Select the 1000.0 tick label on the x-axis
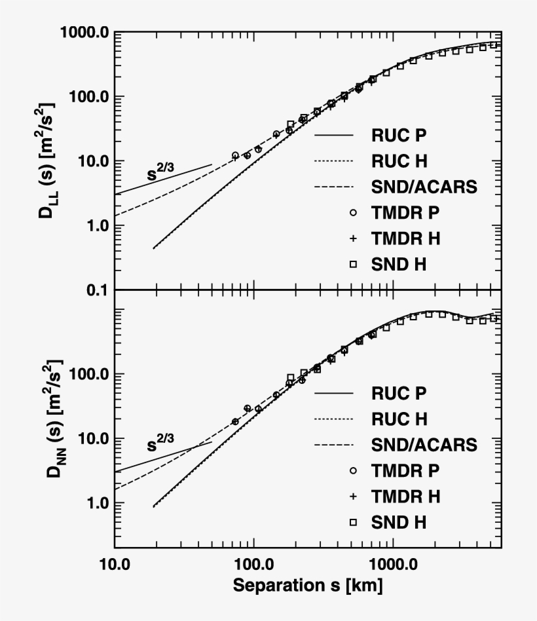(x=392, y=564)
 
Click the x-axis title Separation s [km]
(x=308, y=585)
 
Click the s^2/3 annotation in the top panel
(x=164, y=174)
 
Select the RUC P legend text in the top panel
(x=399, y=136)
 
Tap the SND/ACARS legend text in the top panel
(x=424, y=187)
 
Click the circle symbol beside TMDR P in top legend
(x=353, y=213)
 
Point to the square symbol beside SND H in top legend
(x=353, y=264)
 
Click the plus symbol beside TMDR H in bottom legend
(x=353, y=497)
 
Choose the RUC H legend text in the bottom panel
(x=399, y=419)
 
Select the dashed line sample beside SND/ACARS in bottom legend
(x=333, y=445)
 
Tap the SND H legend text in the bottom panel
(x=399, y=522)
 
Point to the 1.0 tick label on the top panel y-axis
(x=95, y=226)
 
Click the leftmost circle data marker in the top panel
(x=236, y=155)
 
